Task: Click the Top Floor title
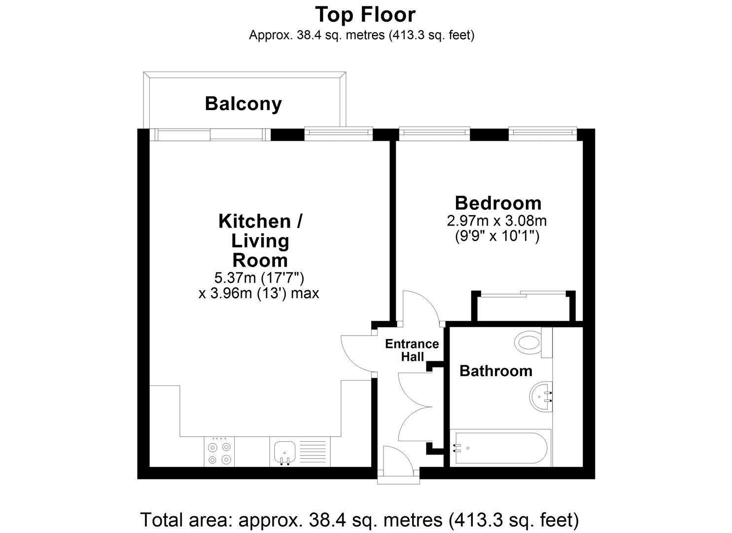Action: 365,15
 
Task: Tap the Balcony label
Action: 243,104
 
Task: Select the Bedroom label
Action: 498,203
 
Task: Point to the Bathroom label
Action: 496,371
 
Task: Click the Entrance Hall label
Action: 412,350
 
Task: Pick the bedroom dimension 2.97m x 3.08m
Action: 497,221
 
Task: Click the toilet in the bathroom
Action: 533,343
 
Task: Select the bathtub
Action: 500,448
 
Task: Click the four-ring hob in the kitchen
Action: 219,452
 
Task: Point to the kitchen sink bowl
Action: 284,451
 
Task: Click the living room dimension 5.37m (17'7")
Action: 259,278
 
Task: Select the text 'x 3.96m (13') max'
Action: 259,293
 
